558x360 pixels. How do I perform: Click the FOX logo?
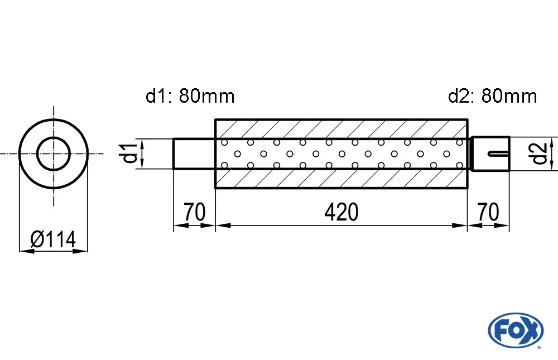tap(515, 330)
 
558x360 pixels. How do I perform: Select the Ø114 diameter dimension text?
tap(53, 239)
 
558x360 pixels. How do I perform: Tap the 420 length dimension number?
tap(341, 213)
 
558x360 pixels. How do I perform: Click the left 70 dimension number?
tap(194, 213)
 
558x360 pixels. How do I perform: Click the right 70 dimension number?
tap(488, 213)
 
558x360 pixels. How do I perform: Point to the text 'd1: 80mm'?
tap(190, 97)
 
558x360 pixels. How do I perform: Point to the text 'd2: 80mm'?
tap(492, 97)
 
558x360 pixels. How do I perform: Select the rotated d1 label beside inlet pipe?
tap(129, 153)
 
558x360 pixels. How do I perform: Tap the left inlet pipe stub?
tap(194, 153)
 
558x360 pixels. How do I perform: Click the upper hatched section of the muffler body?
tap(341, 129)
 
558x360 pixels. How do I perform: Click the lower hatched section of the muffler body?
tap(341, 179)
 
